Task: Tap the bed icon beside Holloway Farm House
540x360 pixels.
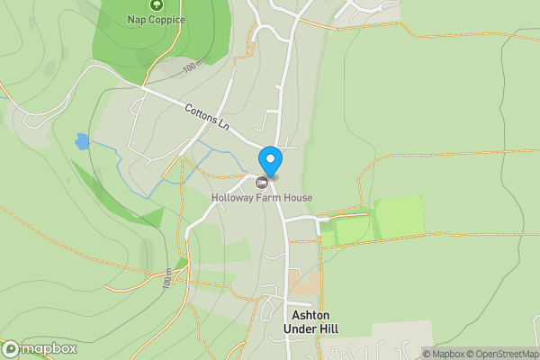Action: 262,182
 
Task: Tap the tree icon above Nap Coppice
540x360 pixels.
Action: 156,5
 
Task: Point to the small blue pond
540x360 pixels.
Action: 82,141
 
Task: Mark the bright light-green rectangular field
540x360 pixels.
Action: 398,217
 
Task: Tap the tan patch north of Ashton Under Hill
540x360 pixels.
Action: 303,282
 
